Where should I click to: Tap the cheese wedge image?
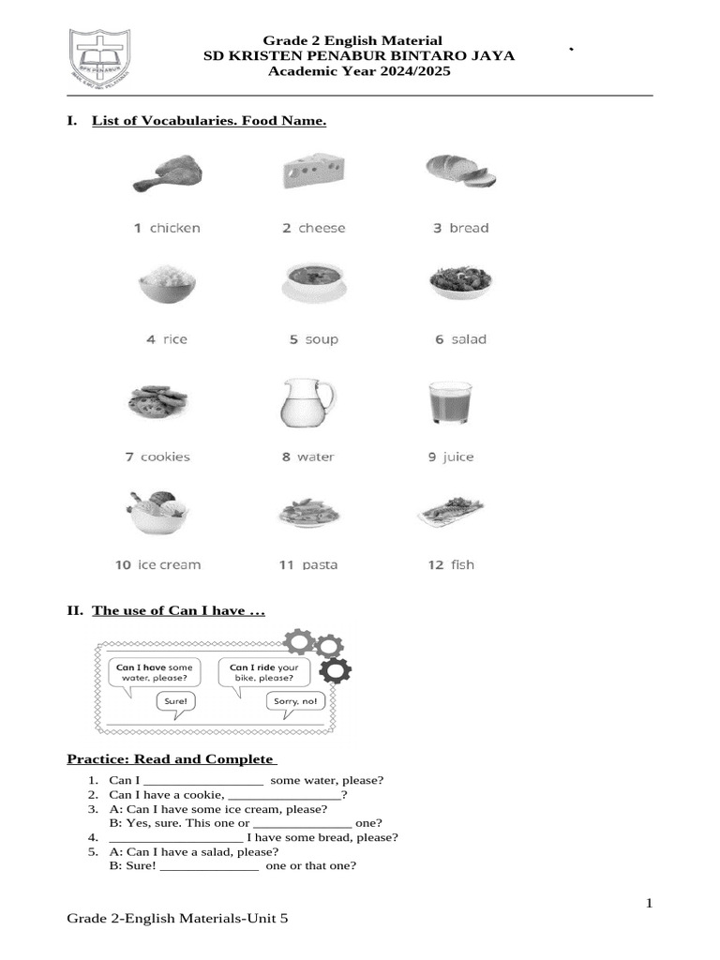[313, 172]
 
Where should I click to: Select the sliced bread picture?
[460, 171]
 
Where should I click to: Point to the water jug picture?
[306, 403]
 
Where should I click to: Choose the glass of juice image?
[448, 403]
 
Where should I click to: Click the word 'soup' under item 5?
[322, 339]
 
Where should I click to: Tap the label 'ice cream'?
[169, 564]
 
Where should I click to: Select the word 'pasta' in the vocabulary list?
[320, 564]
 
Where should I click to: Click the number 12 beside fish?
[435, 564]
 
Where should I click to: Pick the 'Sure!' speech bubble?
[175, 700]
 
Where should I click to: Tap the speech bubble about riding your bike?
[263, 672]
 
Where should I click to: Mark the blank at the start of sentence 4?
[176, 837]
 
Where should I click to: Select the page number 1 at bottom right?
[648, 903]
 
